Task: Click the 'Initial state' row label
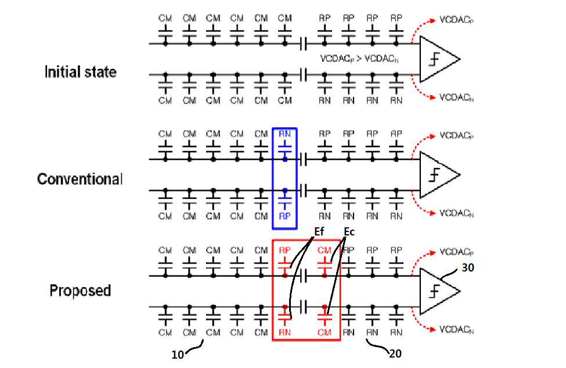[81, 72]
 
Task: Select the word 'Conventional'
[80, 179]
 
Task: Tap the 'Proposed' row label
[80, 291]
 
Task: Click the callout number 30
[468, 267]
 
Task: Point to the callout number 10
[178, 355]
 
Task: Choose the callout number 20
[395, 353]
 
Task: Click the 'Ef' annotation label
[319, 231]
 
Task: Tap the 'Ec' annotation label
[349, 231]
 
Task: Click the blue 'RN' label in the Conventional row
[284, 134]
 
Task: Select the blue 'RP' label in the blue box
[284, 216]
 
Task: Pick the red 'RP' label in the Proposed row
[284, 250]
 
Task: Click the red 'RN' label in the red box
[284, 332]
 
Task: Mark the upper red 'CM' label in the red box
[324, 250]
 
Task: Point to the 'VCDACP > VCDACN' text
[359, 59]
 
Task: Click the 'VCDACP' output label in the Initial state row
[456, 20]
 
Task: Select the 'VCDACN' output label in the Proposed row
[456, 330]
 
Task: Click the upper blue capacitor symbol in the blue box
[285, 149]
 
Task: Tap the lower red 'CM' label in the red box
[324, 332]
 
